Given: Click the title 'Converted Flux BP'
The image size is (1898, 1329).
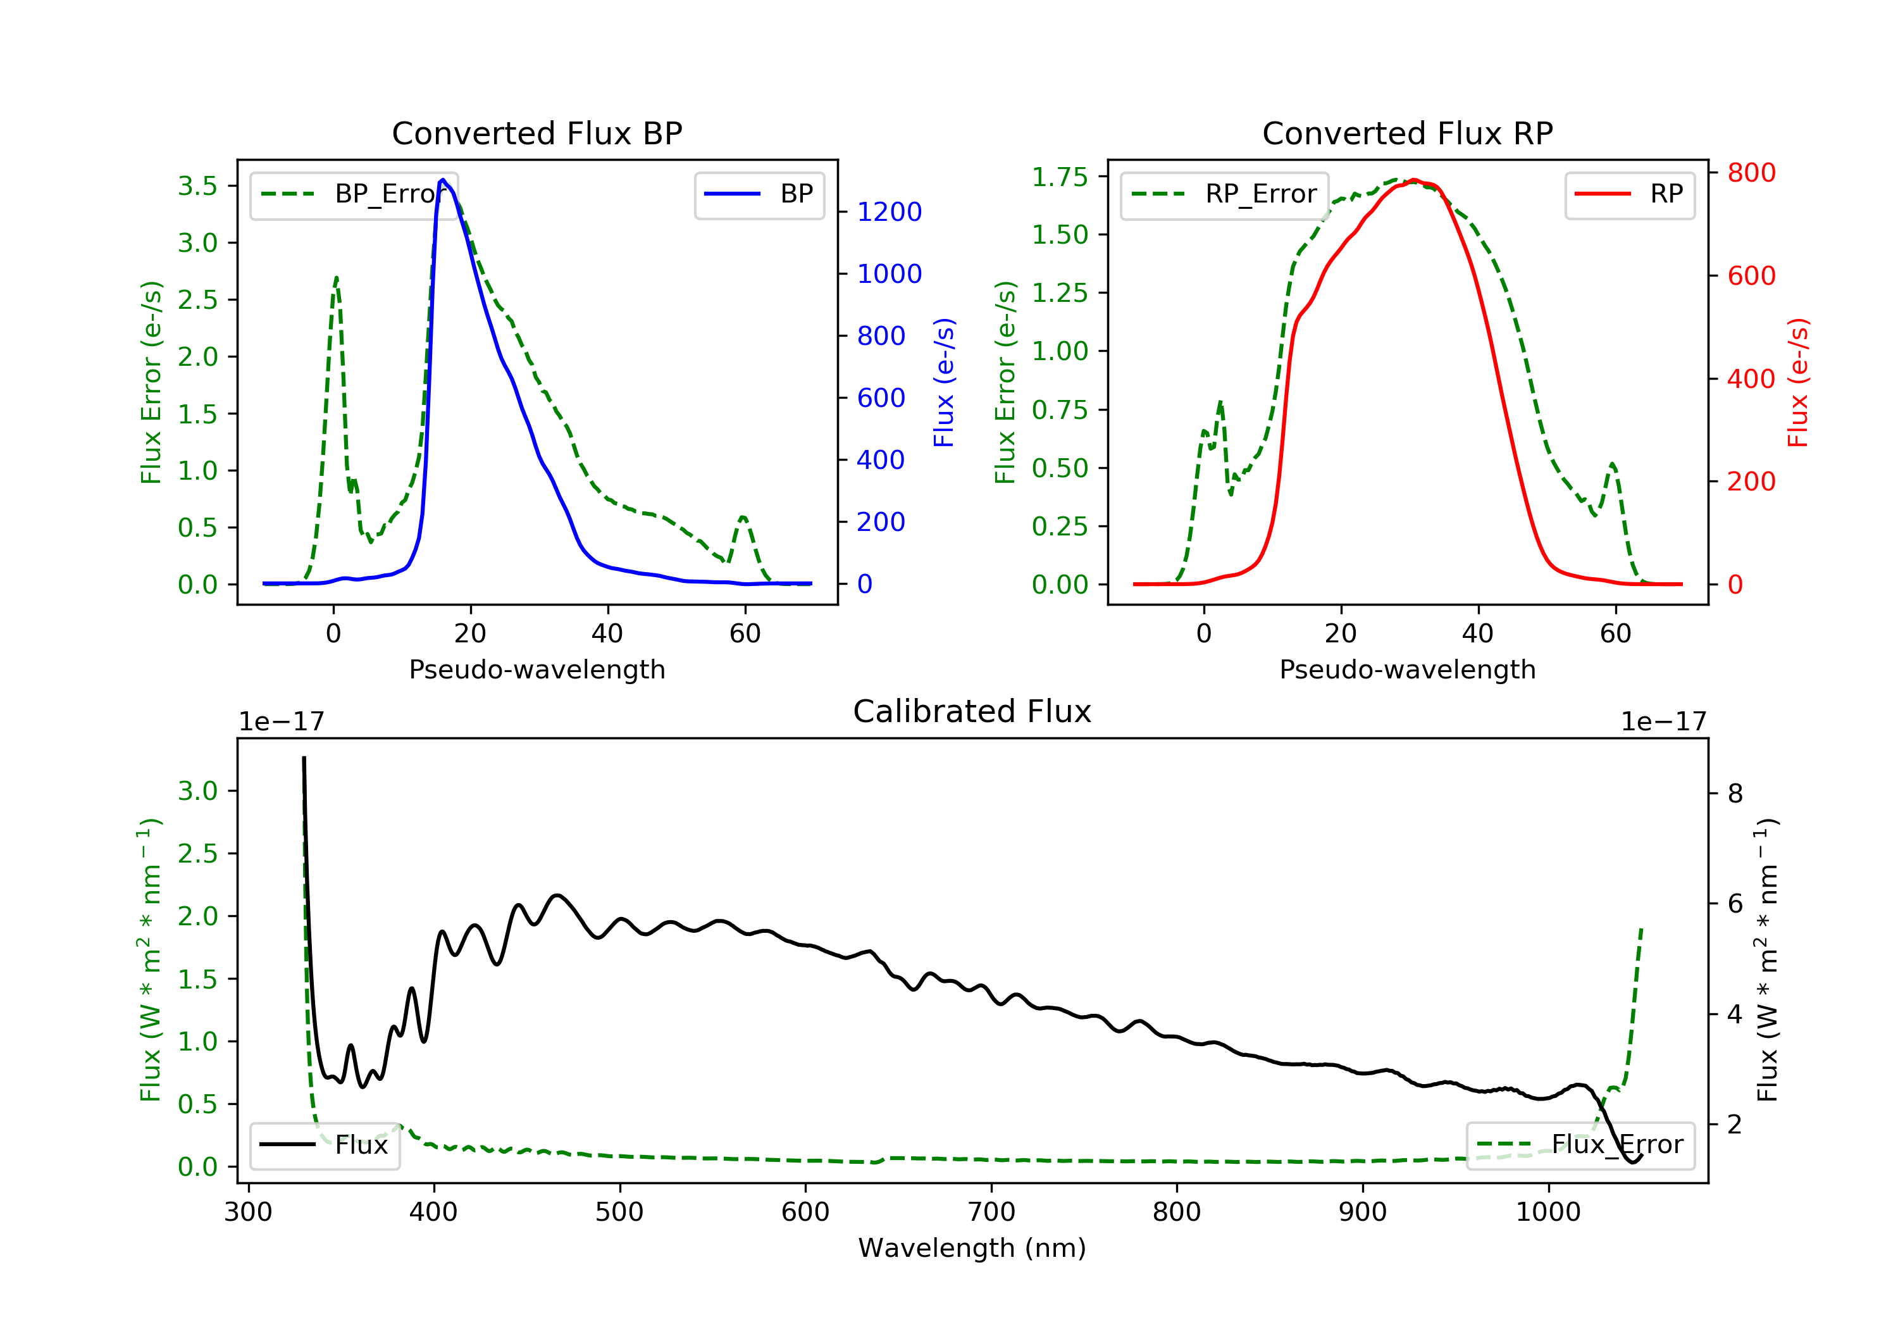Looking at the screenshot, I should [x=537, y=133].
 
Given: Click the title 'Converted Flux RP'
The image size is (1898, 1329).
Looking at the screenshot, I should [x=1407, y=133].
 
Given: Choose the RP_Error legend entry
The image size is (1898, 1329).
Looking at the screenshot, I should [x=1224, y=194].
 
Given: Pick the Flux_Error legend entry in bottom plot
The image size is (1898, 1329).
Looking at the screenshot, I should [x=1580, y=1145].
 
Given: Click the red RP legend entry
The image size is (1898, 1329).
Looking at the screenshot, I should [x=1629, y=194].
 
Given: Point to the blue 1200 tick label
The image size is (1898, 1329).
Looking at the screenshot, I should [x=889, y=212].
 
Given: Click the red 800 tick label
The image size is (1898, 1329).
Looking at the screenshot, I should [x=1751, y=173].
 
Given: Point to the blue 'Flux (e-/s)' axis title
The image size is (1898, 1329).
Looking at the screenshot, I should [x=944, y=382].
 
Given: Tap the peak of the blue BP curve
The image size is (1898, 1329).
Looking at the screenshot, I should [x=443, y=180].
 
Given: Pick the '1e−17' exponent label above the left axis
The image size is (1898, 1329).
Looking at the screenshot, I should [x=281, y=722].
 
